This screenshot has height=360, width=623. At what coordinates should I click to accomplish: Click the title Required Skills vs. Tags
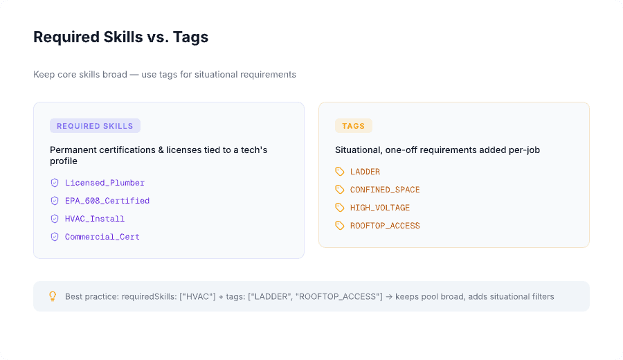tap(120, 37)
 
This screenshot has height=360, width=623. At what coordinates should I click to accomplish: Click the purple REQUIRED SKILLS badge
tap(95, 126)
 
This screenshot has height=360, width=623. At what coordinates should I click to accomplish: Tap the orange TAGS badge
tap(353, 126)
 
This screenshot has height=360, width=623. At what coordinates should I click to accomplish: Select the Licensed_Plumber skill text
tap(105, 183)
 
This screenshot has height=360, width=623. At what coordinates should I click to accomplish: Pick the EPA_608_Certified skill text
tap(107, 201)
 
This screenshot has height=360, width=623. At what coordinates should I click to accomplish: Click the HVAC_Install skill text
tap(95, 219)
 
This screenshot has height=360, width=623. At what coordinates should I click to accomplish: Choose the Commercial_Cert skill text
tap(102, 237)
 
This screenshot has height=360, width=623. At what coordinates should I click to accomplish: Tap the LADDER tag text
tap(365, 172)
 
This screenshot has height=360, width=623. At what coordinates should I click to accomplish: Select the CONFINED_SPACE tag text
tap(385, 190)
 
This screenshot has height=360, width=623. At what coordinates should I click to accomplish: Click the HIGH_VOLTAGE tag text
tap(380, 208)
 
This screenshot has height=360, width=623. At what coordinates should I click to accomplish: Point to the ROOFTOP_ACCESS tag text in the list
tap(385, 226)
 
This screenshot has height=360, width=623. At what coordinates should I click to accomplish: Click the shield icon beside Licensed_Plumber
tap(55, 183)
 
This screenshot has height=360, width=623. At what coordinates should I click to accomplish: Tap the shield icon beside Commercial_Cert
tap(55, 237)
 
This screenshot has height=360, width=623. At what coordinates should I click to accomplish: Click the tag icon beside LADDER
tap(340, 172)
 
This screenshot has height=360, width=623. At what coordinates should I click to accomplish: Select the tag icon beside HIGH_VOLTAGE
tap(340, 208)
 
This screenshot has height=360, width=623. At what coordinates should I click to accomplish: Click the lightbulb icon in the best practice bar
tap(52, 296)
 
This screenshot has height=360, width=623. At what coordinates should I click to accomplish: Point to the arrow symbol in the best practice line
tap(389, 296)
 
